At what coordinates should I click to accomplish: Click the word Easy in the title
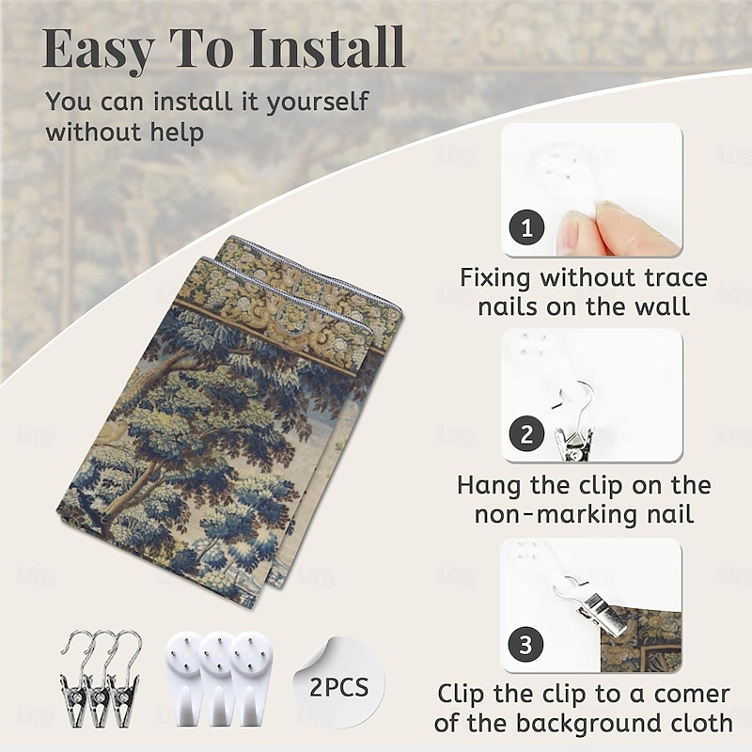99,49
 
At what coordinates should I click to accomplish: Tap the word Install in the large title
327,47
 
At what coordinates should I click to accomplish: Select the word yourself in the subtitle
317,102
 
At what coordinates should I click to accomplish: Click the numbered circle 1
526,227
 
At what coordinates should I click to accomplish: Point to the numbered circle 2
526,434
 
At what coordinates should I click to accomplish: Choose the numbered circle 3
525,644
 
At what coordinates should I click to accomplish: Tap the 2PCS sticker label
339,687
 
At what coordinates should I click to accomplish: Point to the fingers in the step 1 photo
619,227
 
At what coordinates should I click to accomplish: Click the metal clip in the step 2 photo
575,422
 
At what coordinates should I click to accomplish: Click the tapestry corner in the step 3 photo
640,639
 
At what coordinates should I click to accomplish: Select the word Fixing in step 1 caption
494,278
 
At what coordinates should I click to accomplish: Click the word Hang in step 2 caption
490,486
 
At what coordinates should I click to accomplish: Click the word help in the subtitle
177,132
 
